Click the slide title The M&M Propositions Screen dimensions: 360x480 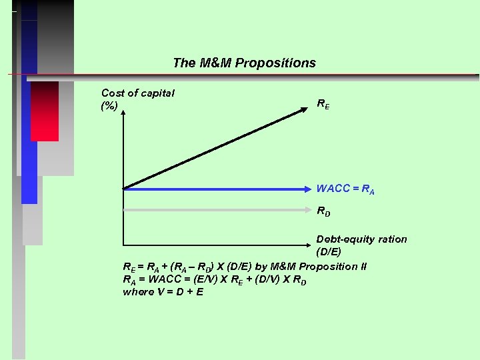pos(244,63)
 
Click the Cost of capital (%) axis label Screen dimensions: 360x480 pos(137,99)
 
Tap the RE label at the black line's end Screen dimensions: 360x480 pos(323,104)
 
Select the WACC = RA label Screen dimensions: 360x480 pos(345,189)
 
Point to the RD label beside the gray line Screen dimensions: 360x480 pos(323,211)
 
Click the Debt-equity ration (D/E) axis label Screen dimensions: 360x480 pos(361,245)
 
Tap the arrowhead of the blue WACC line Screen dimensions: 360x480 pos(307,189)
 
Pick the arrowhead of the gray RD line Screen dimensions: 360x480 pos(307,209)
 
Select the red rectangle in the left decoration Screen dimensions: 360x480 pos(45,111)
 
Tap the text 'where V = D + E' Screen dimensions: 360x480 pos(163,292)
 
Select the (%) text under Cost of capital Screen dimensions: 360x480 pos(109,106)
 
